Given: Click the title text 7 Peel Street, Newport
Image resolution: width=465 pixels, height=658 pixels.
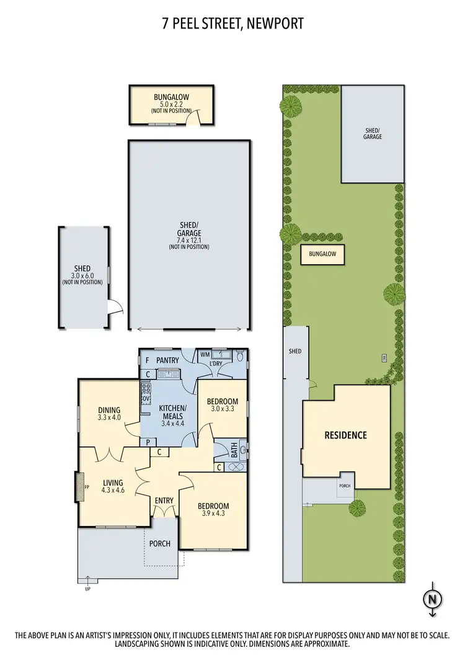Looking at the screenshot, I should pyautogui.click(x=232, y=24).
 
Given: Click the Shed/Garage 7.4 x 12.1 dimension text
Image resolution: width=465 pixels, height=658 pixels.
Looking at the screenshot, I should pyautogui.click(x=189, y=240).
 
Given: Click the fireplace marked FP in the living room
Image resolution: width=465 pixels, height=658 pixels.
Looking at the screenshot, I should pyautogui.click(x=79, y=486).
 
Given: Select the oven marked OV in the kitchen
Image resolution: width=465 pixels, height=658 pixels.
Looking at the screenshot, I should pyautogui.click(x=146, y=399).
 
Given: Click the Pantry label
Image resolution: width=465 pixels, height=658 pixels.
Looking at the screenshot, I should pyautogui.click(x=167, y=360).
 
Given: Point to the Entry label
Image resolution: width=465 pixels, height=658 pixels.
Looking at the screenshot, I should pyautogui.click(x=164, y=500).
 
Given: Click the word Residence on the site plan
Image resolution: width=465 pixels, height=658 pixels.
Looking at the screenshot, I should pyautogui.click(x=346, y=435).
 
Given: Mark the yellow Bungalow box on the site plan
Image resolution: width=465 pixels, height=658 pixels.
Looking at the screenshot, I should pyautogui.click(x=322, y=255).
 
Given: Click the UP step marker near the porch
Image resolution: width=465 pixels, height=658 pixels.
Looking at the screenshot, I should pyautogui.click(x=87, y=589).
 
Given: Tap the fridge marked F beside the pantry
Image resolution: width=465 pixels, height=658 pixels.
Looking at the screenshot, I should pyautogui.click(x=147, y=360).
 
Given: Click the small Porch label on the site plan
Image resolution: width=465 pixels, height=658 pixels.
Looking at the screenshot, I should pyautogui.click(x=345, y=486).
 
